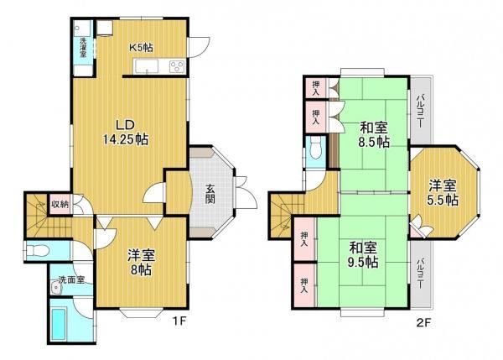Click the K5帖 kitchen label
(141, 48)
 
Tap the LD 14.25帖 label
(126, 132)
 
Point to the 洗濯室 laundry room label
(83, 48)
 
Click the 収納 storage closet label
(60, 203)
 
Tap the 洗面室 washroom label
(71, 279)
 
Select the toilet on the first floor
(38, 251)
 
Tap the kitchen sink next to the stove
(147, 67)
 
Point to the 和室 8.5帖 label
(374, 134)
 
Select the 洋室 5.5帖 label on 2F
(443, 193)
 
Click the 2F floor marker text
(423, 322)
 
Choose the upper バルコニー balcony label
(420, 111)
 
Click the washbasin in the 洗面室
(56, 288)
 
